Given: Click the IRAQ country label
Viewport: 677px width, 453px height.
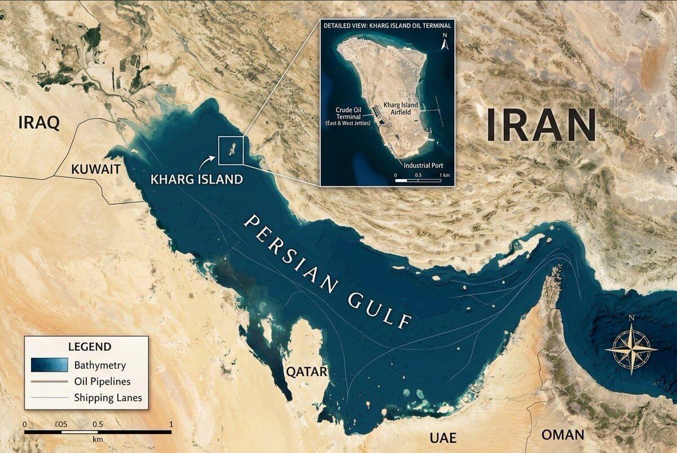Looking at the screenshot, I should click(x=39, y=123).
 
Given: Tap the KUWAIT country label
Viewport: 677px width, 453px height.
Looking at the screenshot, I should click(x=96, y=169).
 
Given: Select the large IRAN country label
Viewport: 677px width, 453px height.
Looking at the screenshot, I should click(x=541, y=125).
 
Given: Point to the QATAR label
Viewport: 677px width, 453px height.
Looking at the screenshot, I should click(x=306, y=372).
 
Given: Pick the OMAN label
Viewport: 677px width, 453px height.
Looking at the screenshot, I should click(x=562, y=434).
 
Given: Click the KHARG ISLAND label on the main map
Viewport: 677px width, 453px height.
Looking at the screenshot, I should click(x=197, y=179).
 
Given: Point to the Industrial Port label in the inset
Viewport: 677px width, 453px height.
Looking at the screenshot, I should click(x=423, y=165).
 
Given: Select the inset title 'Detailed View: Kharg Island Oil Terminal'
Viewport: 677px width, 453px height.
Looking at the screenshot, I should click(x=388, y=26).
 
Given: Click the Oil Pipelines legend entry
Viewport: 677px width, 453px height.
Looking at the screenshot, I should click(x=102, y=382).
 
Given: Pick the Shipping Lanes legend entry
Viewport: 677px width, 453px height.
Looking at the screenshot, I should click(x=108, y=398).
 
